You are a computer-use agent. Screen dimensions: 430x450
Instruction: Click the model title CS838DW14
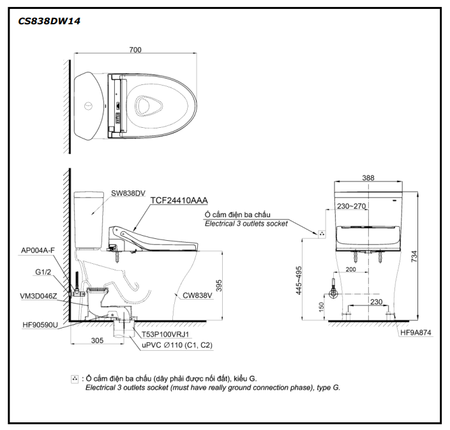49,21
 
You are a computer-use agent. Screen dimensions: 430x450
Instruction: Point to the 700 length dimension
134,50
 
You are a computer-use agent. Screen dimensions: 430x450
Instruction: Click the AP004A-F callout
37,251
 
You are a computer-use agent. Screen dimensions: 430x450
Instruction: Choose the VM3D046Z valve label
38,296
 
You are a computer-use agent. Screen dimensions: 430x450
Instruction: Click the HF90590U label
40,325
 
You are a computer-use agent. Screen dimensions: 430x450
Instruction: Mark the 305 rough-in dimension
97,341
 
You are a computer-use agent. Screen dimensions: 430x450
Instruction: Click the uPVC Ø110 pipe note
177,345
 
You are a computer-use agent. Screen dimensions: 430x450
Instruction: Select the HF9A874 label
417,332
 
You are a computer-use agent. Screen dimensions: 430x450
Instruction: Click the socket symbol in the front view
322,234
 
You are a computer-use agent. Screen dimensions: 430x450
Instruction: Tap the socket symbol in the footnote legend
75,379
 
